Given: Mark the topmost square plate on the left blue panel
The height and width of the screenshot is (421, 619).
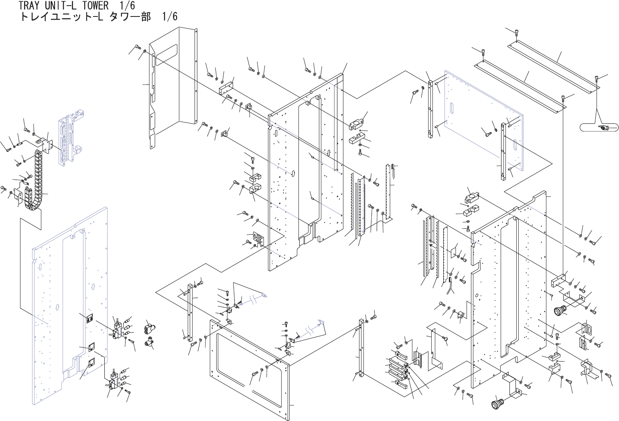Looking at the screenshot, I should point(91,319).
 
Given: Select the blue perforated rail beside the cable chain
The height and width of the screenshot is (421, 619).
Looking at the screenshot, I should point(67,141).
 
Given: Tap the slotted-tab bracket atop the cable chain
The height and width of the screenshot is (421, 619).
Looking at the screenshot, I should point(43,143).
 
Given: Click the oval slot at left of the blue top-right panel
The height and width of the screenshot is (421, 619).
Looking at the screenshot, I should point(453,109).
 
